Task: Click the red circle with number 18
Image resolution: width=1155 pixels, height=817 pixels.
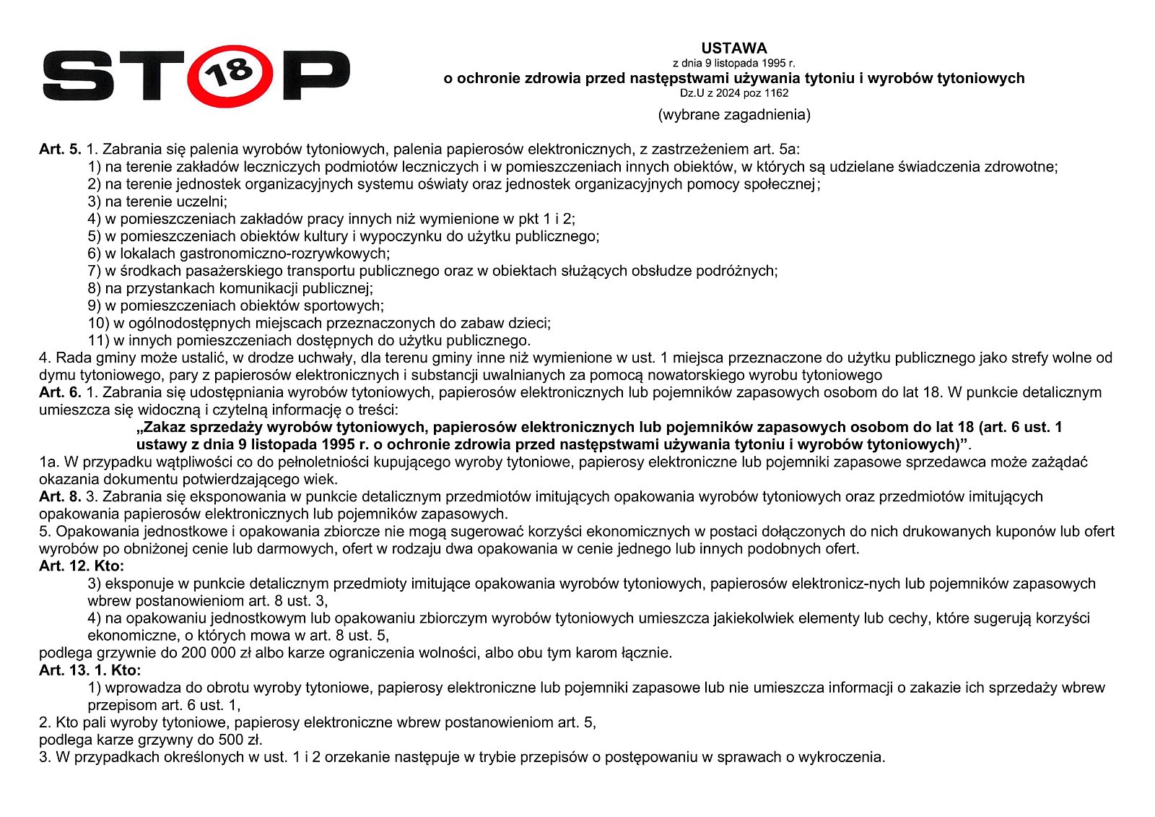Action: (x=231, y=76)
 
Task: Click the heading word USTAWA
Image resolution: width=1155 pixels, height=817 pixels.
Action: (x=733, y=48)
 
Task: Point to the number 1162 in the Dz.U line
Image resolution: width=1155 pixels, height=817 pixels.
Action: (x=776, y=93)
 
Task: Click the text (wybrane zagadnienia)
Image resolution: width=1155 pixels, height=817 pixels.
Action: (x=733, y=114)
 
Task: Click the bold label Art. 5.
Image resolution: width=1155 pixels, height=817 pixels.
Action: (x=60, y=150)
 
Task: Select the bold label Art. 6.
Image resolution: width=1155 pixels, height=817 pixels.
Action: (x=60, y=392)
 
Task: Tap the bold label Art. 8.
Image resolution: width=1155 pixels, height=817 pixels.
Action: (x=60, y=496)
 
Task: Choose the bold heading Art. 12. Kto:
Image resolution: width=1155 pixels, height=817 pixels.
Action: (x=82, y=566)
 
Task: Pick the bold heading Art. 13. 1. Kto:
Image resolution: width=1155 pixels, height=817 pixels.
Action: (x=90, y=670)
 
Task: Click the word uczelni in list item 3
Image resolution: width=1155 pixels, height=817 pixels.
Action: (x=203, y=202)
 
